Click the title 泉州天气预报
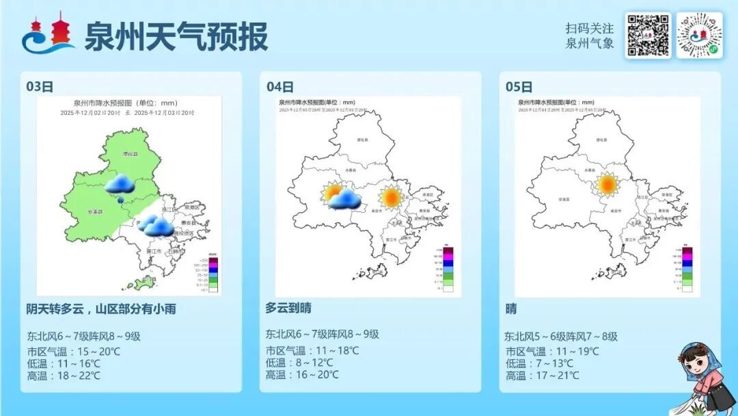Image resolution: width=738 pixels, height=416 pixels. [176, 36]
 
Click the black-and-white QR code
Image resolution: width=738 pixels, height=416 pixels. [647, 35]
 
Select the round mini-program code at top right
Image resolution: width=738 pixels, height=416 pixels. [699, 35]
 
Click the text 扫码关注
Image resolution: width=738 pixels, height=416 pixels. [589, 28]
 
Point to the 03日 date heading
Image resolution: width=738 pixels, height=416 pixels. [40, 86]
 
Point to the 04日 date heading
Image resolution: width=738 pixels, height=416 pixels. [279, 86]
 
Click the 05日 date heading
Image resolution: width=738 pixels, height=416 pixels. [519, 86]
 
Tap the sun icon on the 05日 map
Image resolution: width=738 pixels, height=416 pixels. [606, 185]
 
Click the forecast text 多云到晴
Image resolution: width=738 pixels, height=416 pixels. [288, 308]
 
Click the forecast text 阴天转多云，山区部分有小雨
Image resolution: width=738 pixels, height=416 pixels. [101, 309]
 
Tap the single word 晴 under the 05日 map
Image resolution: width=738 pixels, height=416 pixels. [511, 309]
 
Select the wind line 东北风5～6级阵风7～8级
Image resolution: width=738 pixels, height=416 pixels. [561, 336]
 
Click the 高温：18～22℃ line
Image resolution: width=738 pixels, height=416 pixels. [64, 376]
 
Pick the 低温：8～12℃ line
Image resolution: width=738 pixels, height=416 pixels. [299, 363]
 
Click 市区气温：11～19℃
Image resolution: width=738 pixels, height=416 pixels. [551, 351]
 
